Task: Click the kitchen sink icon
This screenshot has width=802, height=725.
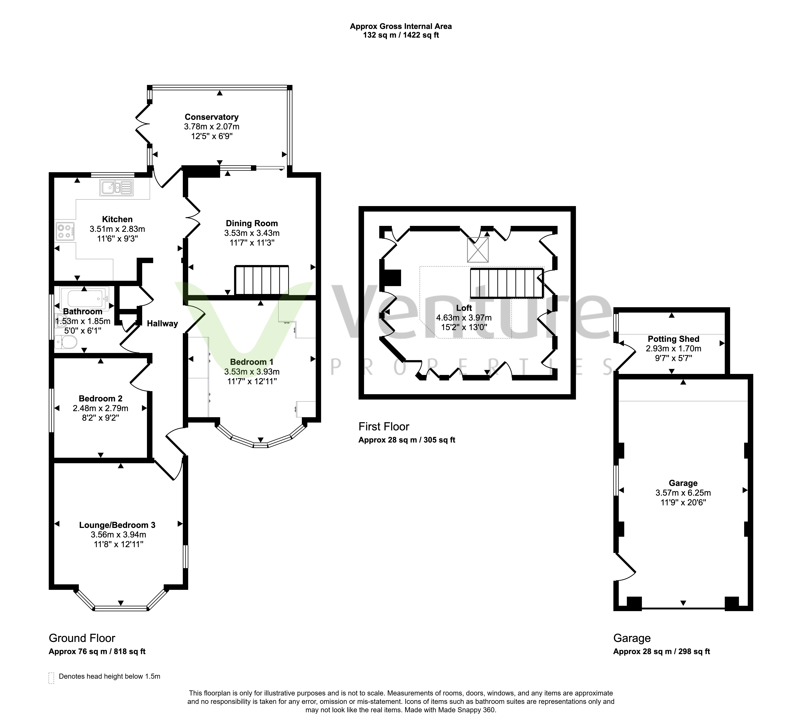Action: tap(117, 188)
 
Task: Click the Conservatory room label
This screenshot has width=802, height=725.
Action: tap(212, 117)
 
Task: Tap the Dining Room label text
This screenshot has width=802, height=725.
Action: tap(252, 223)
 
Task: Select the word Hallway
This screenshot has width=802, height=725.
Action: tap(162, 324)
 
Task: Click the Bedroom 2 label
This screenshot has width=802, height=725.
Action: tap(101, 399)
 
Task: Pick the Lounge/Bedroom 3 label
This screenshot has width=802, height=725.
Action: tap(117, 525)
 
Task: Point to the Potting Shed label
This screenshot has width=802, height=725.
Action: tap(674, 339)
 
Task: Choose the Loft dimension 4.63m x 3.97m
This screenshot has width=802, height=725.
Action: tap(464, 318)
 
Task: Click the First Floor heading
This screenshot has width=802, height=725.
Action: tap(384, 427)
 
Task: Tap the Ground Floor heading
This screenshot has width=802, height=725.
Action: tap(82, 638)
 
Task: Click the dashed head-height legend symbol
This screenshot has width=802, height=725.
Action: tap(51, 678)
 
